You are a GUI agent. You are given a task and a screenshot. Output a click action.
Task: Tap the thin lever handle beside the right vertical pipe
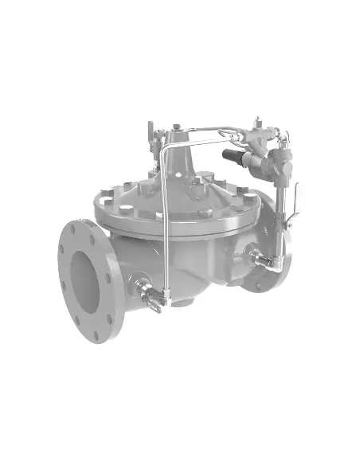[x=295, y=200]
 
